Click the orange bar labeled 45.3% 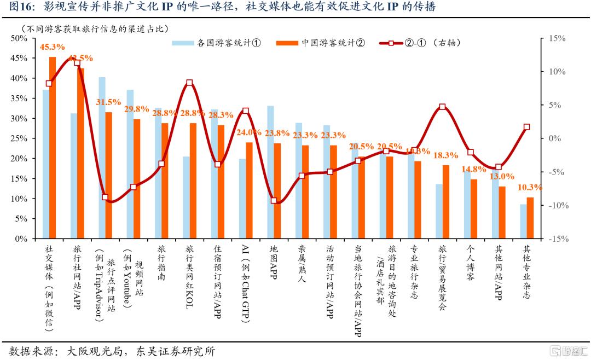[53, 148]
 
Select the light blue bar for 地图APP [270, 172]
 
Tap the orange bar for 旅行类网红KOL [193, 181]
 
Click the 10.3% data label [529, 187]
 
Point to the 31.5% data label [108, 102]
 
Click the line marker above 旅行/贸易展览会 [442, 107]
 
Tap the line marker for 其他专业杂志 [526, 127]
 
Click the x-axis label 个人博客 [470, 263]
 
